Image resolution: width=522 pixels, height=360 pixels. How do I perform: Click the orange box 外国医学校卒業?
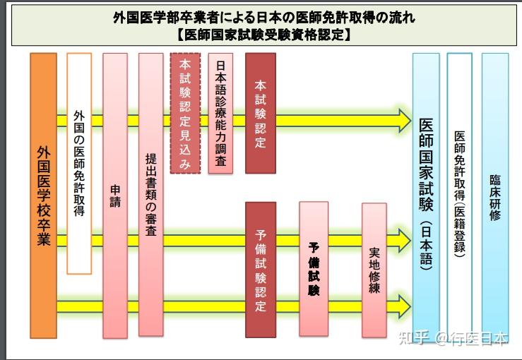pyautogui.click(x=43, y=196)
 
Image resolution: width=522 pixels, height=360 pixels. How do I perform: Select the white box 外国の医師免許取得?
pyautogui.click(x=79, y=163)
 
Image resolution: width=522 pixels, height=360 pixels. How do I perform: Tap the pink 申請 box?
pyautogui.click(x=115, y=196)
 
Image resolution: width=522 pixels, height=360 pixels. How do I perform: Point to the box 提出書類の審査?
pyautogui.click(x=150, y=195)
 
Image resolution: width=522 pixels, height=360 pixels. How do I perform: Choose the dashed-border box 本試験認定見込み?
pyautogui.click(x=185, y=113)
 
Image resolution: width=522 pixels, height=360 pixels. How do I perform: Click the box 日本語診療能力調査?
pyautogui.click(x=220, y=113)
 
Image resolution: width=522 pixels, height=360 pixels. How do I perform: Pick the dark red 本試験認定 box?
pyautogui.click(x=261, y=113)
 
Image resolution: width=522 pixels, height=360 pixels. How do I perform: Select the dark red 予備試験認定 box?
pyautogui.click(x=261, y=270)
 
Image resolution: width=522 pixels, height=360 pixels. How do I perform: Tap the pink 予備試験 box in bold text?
pyautogui.click(x=314, y=269)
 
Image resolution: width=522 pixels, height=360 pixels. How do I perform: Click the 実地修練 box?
pyautogui.click(x=374, y=270)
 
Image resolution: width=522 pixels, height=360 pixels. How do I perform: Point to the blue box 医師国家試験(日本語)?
pyautogui.click(x=426, y=196)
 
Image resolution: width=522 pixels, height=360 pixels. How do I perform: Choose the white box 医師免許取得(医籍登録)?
pyautogui.click(x=460, y=196)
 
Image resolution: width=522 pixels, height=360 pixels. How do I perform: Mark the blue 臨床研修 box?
pyautogui.click(x=495, y=196)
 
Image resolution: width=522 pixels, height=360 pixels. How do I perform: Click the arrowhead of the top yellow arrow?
pyautogui.click(x=404, y=121)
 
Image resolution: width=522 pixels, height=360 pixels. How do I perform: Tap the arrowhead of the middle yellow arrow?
pyautogui.click(x=404, y=240)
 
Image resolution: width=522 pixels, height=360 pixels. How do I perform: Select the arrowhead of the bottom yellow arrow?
pyautogui.click(x=404, y=306)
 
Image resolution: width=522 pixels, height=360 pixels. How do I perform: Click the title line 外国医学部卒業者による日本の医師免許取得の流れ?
pyautogui.click(x=264, y=18)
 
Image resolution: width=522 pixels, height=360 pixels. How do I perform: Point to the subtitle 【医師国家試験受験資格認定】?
pyautogui.click(x=264, y=35)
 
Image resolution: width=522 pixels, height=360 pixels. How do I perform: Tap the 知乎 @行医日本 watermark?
pyautogui.click(x=453, y=338)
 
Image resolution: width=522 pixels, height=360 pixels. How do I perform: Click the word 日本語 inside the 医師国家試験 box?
pyautogui.click(x=426, y=245)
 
